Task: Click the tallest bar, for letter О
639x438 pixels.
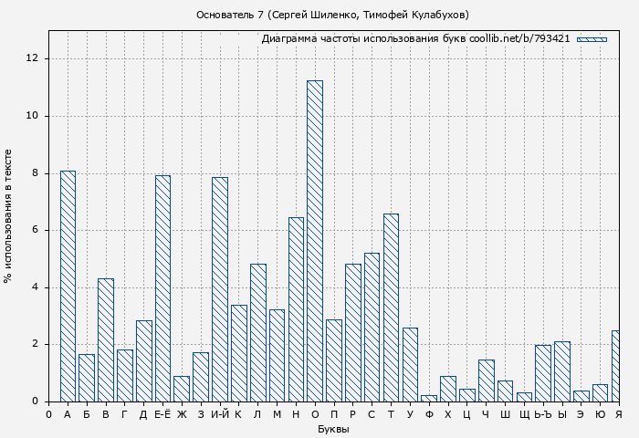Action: [314, 241]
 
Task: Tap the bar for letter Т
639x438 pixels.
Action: [391, 308]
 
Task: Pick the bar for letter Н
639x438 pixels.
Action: [296, 309]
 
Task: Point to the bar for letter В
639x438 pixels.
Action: [106, 339]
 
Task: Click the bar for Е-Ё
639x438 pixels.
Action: [162, 288]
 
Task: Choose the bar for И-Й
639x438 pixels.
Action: [219, 289]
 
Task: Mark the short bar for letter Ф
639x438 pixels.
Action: [429, 398]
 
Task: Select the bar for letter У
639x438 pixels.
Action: [410, 364]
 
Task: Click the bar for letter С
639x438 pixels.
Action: [372, 327]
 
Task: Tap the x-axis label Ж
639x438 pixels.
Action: [182, 415]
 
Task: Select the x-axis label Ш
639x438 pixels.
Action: [505, 415]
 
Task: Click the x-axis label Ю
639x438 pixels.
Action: [600, 415]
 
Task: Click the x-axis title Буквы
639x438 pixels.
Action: [333, 429]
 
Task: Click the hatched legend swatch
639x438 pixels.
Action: [592, 39]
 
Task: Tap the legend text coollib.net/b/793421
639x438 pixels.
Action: [519, 39]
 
